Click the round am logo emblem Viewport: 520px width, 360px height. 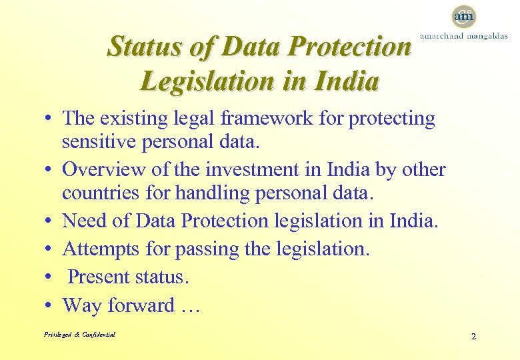coord(463,16)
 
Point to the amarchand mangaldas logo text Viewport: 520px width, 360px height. coord(463,36)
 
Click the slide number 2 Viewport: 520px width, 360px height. coord(473,336)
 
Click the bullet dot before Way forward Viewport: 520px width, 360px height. coord(49,305)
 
